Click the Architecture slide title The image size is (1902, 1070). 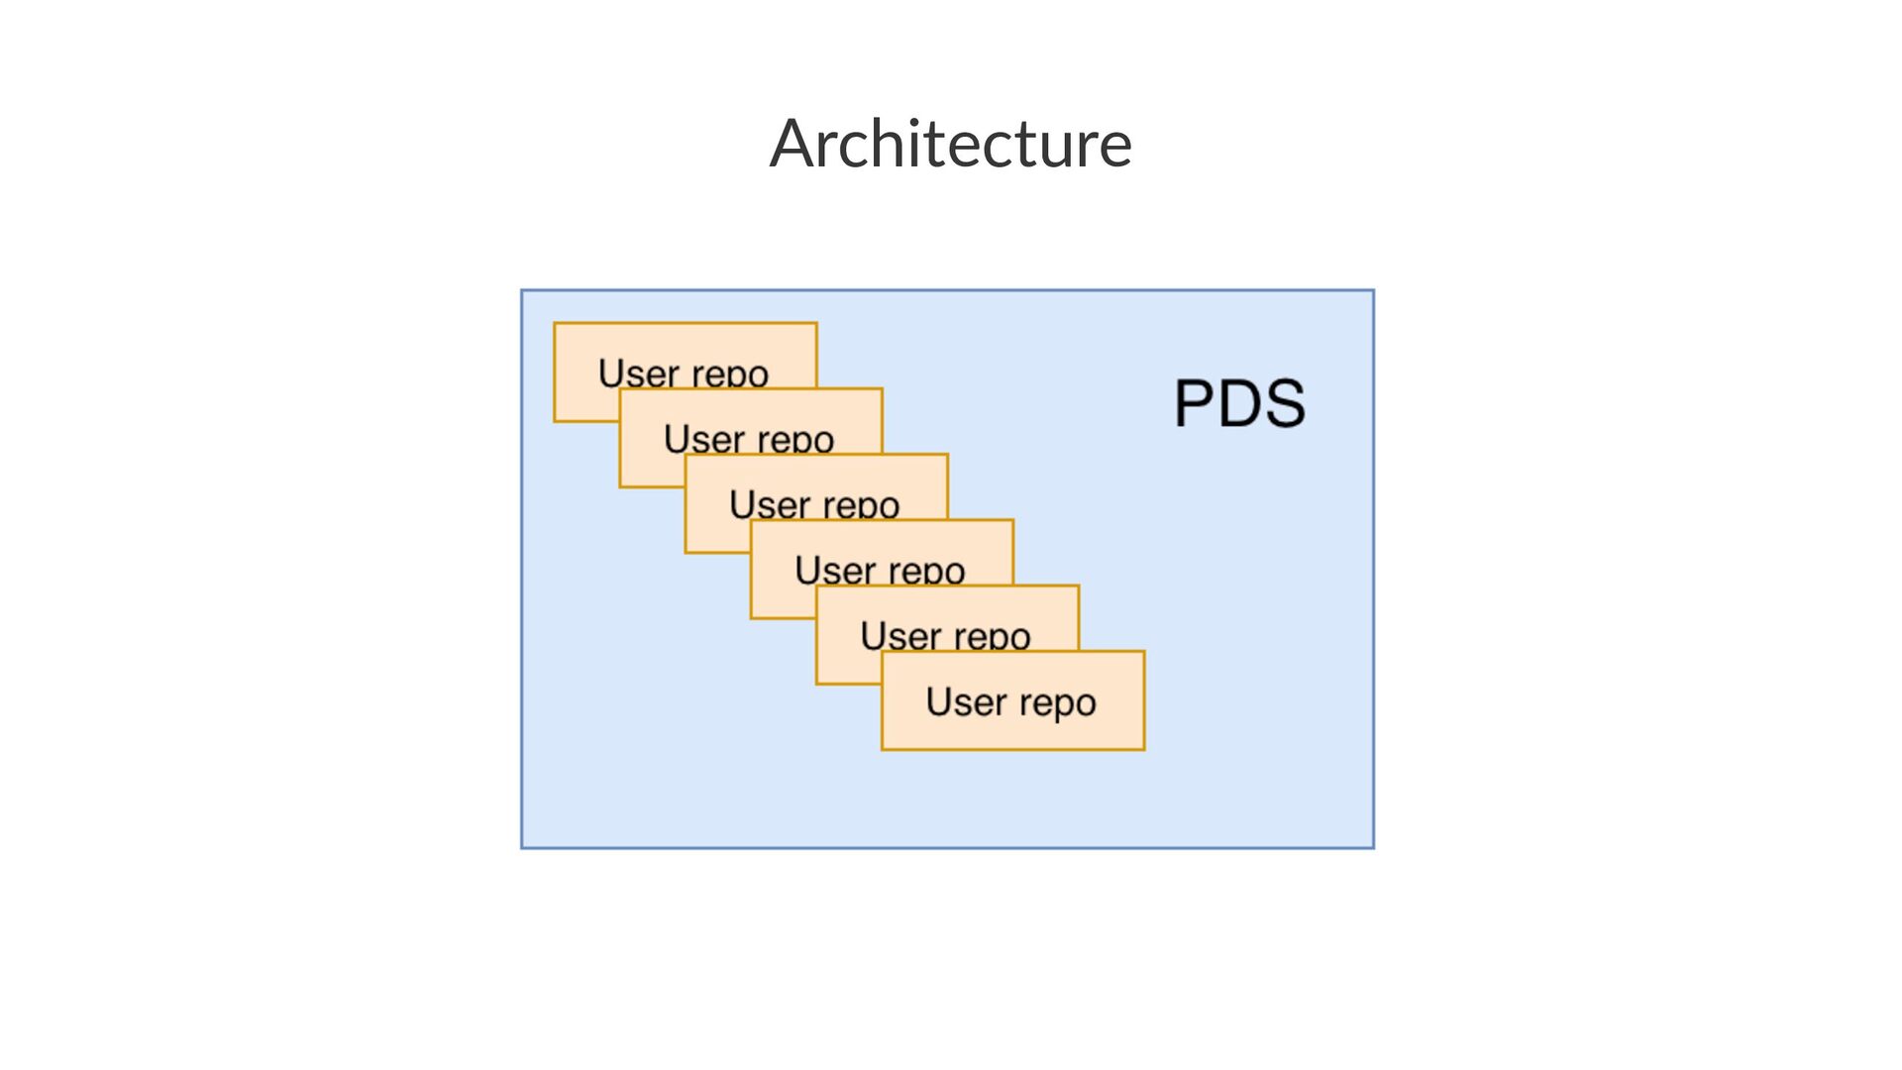[950, 144]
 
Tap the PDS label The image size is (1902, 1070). [1239, 403]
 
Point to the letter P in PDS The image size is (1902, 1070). [1195, 403]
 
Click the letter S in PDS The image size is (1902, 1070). [1284, 403]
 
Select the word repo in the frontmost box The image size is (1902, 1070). [1057, 703]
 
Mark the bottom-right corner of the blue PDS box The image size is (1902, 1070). [1373, 847]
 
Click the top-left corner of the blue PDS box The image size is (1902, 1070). [522, 291]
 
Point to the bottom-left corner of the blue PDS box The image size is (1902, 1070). [522, 847]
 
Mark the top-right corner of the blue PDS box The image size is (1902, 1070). [1373, 291]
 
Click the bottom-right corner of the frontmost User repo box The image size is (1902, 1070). [1144, 749]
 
